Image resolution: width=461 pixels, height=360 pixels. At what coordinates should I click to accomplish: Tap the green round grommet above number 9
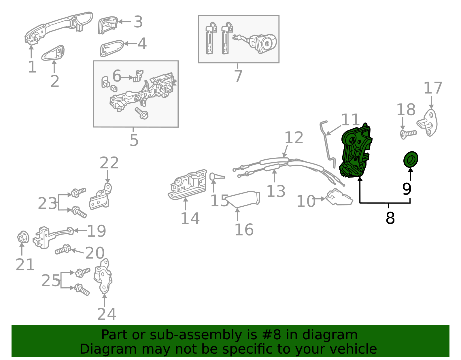click(411, 159)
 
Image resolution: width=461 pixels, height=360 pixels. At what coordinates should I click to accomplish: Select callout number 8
click(390, 218)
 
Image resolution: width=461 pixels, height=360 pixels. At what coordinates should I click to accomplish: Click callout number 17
click(432, 88)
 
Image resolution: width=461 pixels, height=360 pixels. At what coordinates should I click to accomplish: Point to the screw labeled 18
click(408, 134)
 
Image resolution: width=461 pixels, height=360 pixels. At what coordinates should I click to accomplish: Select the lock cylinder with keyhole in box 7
click(264, 44)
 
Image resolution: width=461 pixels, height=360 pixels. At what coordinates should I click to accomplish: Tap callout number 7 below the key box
click(238, 76)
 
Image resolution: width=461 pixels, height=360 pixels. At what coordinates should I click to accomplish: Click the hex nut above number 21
click(23, 238)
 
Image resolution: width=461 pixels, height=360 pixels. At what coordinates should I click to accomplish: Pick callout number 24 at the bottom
click(106, 314)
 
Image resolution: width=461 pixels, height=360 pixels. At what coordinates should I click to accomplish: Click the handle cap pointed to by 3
click(107, 25)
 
